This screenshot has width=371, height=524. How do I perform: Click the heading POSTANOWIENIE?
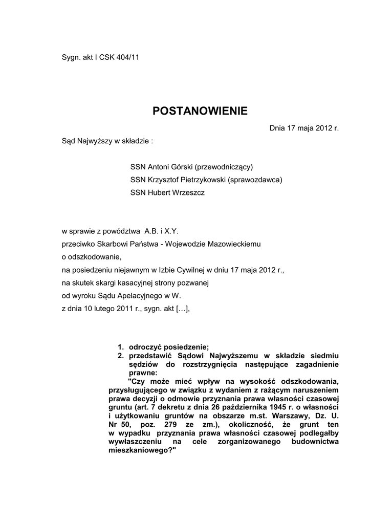tap(200, 111)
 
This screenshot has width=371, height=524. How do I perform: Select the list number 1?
tap(121, 346)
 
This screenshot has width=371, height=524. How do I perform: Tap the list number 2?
tap(121, 355)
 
